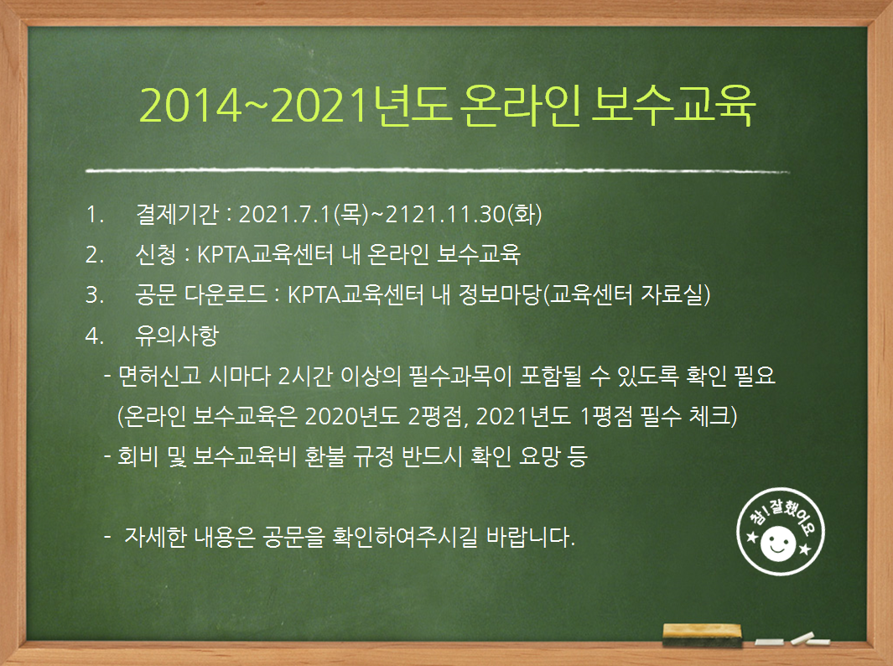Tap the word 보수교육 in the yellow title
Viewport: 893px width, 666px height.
tap(673, 106)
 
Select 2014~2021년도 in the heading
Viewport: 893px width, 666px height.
tap(295, 106)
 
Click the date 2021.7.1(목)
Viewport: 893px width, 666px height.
tap(304, 214)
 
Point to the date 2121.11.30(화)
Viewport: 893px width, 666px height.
tap(463, 214)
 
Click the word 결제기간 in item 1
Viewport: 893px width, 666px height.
tap(177, 214)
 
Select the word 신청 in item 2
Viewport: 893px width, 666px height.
tap(155, 254)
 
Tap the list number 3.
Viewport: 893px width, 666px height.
tap(94, 295)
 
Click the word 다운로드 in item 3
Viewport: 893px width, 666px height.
tap(226, 294)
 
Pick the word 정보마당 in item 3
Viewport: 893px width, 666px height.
tap(500, 294)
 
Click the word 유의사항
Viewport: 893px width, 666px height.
tap(177, 335)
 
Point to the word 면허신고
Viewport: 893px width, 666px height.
tap(159, 376)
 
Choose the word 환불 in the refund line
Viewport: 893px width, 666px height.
tap(325, 456)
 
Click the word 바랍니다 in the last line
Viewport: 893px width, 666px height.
tap(531, 537)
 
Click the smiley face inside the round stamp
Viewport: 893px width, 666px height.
tap(778, 543)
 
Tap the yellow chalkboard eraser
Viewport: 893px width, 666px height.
tap(702, 635)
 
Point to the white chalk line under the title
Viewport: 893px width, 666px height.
tap(438, 170)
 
